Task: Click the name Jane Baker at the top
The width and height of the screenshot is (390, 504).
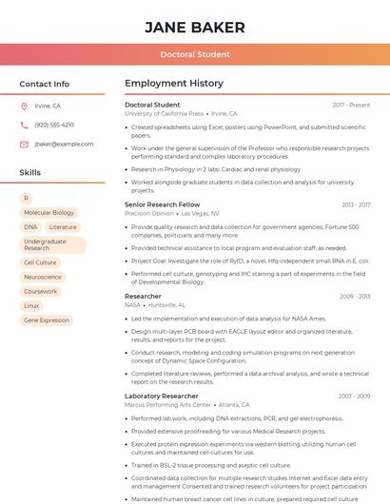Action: point(194,28)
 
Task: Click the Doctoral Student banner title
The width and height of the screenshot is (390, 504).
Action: point(194,54)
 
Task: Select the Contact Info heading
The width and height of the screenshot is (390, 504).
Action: point(45,84)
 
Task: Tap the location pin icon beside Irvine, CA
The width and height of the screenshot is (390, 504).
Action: point(25,107)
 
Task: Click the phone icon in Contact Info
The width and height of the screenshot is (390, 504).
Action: point(25,125)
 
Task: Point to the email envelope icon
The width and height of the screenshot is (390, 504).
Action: point(25,144)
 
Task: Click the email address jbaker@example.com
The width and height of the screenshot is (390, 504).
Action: point(64,144)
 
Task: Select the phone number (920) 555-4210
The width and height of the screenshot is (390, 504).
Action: point(54,125)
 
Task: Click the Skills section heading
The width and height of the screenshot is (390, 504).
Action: point(30,173)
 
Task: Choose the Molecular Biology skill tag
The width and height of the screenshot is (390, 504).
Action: point(49,213)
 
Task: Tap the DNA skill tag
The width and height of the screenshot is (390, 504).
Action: point(31,227)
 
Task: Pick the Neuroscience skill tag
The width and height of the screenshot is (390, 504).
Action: point(43,277)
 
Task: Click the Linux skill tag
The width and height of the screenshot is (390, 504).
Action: point(31,306)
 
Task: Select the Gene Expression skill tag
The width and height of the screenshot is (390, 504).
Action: point(47,320)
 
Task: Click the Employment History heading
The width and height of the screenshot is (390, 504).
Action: point(174,84)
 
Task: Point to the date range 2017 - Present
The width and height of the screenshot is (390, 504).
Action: point(351,105)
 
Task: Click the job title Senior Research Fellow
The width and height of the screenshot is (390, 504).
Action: point(162,204)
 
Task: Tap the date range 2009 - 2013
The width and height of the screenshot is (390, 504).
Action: point(354,297)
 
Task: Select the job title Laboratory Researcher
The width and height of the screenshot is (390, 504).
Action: point(161,396)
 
